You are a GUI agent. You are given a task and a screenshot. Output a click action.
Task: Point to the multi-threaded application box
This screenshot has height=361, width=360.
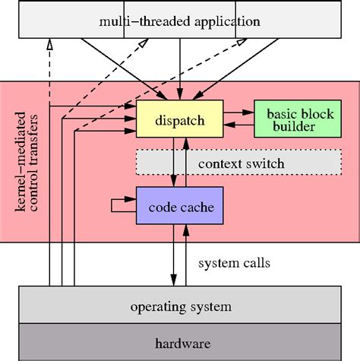click(179, 21)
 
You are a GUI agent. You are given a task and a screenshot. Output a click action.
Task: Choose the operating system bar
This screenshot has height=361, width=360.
click(179, 307)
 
